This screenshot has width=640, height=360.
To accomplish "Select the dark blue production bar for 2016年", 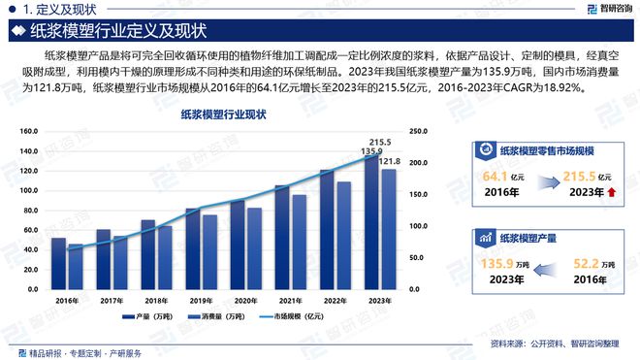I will pos(58,263).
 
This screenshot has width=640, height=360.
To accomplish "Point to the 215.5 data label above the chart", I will pos(381,142).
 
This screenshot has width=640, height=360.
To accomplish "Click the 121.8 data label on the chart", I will pos(389,160).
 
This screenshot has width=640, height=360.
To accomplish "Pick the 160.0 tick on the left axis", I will pos(29,131).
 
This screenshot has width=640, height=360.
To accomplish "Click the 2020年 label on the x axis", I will pos(244,301).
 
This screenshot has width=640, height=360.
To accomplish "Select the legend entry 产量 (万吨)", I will pos(144,317).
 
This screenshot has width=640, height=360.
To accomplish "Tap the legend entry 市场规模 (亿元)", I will pos(297,317).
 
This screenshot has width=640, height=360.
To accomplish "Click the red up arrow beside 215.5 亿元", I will pos(613,192).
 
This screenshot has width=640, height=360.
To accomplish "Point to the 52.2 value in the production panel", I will pos(585,264).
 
